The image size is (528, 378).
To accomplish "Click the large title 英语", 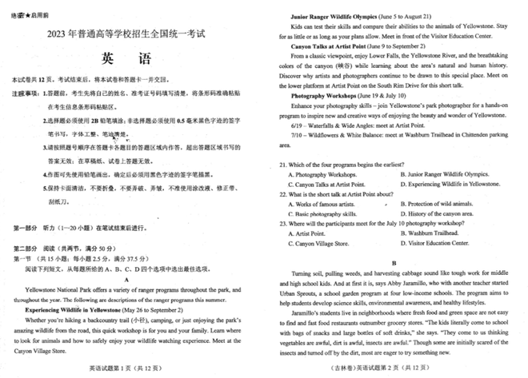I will click(x=129, y=59).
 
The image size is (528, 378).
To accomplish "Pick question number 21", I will click(x=284, y=165).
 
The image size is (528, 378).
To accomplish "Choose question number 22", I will click(x=284, y=193).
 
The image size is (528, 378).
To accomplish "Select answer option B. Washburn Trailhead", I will click(x=436, y=232).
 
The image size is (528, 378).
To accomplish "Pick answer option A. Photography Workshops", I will click(x=328, y=174).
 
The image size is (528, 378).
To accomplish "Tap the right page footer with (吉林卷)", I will click(x=393, y=368).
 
